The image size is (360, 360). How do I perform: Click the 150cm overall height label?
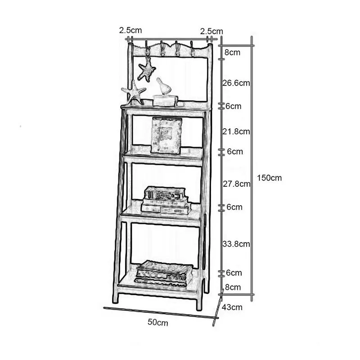point(269,178)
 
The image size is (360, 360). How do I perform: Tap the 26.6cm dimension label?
point(237,83)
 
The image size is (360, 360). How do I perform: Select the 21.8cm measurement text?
point(237,131)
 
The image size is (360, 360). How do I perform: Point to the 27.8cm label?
point(237,184)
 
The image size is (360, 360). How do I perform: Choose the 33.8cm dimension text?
point(237,244)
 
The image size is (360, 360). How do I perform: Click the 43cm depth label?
point(232,308)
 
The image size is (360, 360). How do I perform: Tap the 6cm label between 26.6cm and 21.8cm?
point(234,106)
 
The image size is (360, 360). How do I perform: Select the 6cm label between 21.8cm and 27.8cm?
point(234,151)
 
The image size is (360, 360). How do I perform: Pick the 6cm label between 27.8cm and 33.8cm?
point(234,207)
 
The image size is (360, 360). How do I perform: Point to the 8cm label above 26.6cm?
point(232,52)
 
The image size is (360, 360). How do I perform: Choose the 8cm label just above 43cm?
point(233,287)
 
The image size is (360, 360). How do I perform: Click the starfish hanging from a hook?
point(147,70)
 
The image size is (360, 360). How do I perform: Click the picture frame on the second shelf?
point(166,135)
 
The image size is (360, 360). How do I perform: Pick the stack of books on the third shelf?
point(165,200)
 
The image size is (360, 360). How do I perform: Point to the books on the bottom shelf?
point(164,273)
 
